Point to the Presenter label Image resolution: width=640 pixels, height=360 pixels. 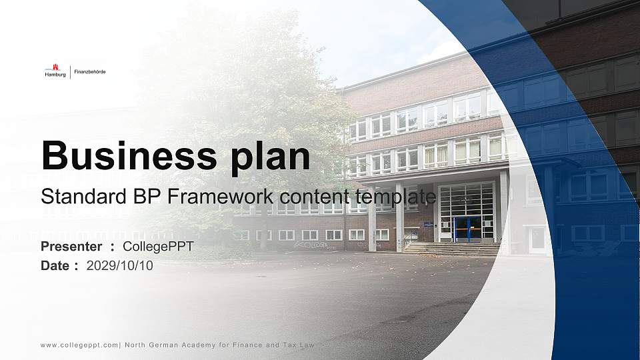point(71,247)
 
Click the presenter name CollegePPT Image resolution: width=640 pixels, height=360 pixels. point(159,247)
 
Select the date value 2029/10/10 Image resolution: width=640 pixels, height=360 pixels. point(120,265)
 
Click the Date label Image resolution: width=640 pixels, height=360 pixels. point(56,265)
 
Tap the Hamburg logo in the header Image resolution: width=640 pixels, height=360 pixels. point(55,71)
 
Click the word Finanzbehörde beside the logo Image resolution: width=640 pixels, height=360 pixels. point(89,71)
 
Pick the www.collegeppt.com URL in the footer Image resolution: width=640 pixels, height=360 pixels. point(79,345)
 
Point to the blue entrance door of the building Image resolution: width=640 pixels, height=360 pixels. point(467,228)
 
